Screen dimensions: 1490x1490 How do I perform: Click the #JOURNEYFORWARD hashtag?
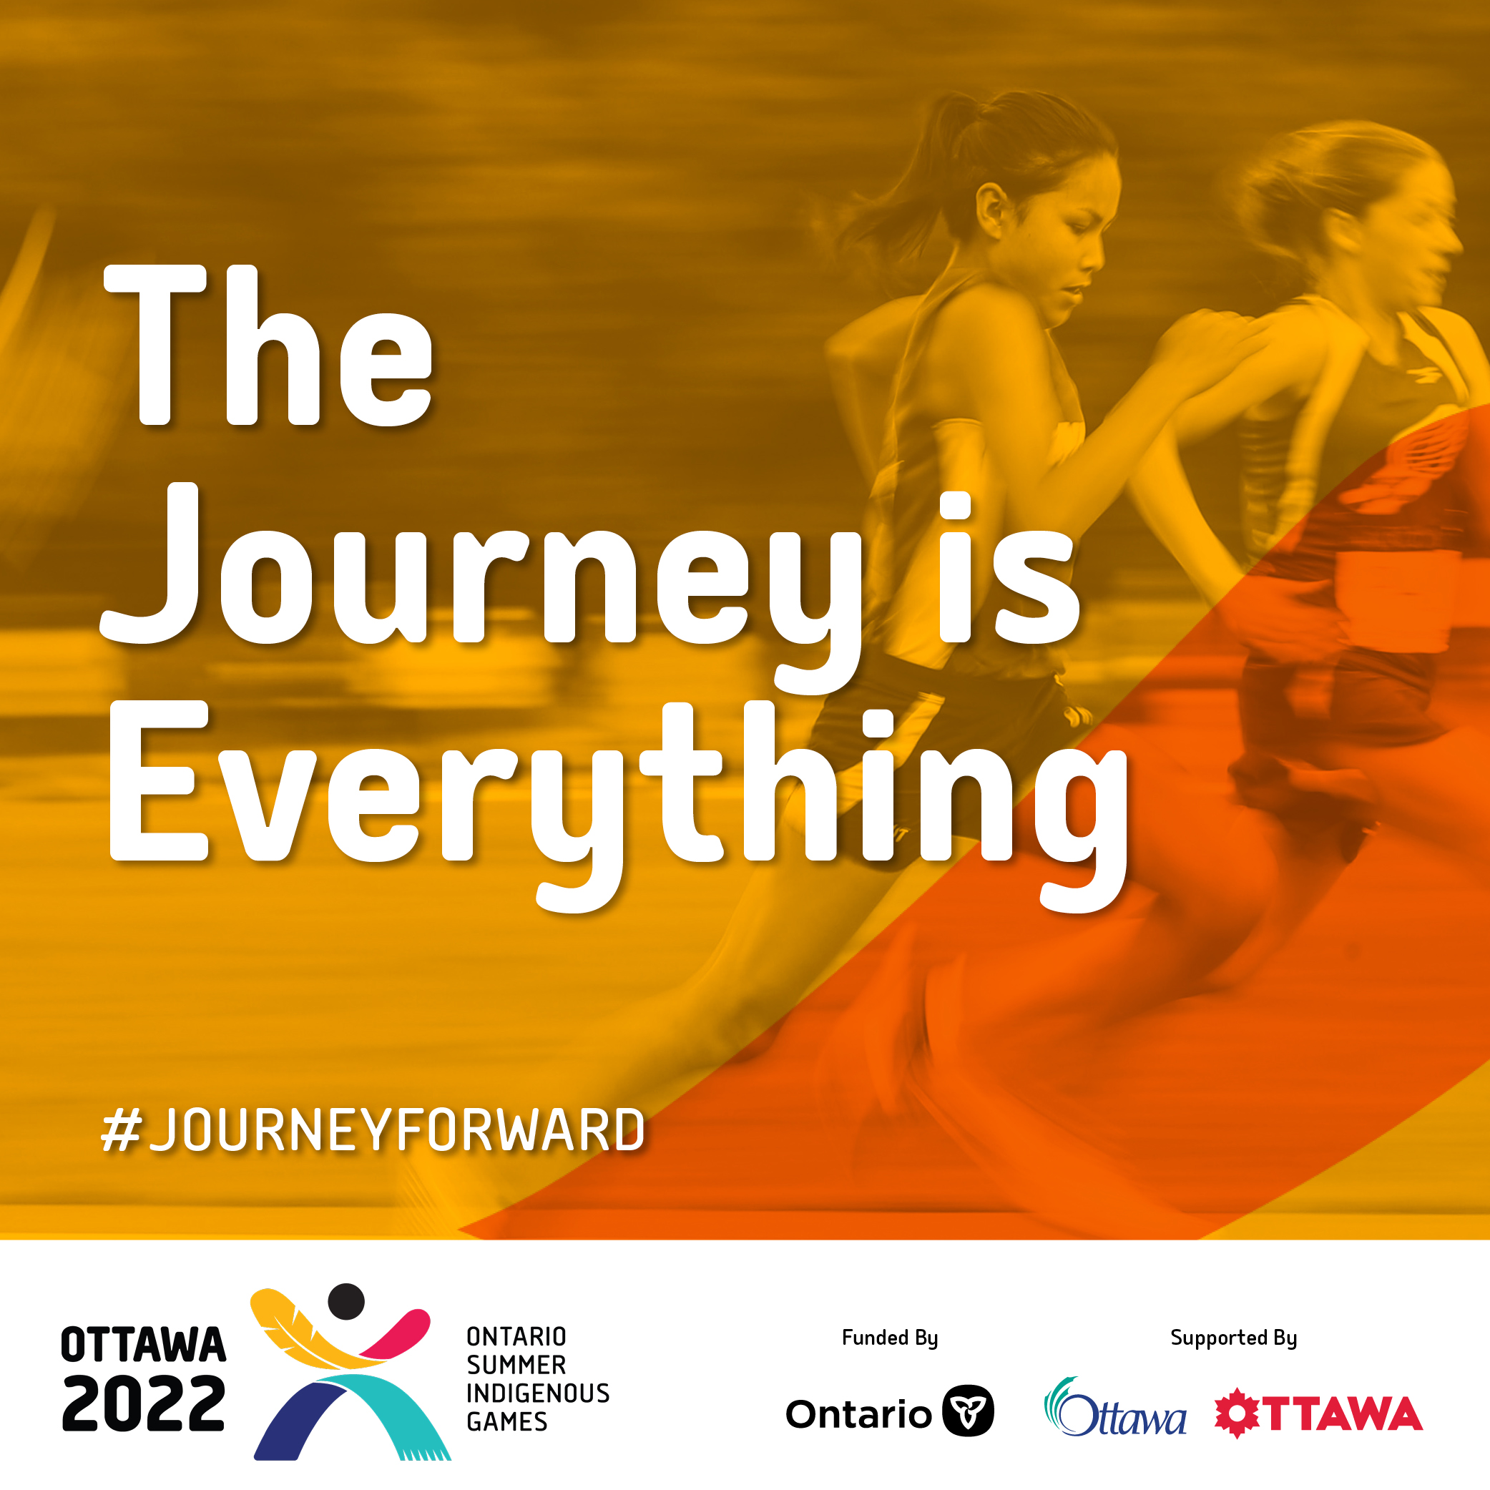[x=373, y=1130]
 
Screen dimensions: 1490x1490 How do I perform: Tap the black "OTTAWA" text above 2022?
[x=144, y=1345]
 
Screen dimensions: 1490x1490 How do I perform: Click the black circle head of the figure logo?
[x=346, y=1302]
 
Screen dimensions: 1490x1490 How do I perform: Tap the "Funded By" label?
[x=890, y=1338]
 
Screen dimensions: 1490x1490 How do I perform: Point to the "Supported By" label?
[x=1234, y=1338]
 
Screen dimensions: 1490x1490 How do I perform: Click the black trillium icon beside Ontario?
[x=969, y=1411]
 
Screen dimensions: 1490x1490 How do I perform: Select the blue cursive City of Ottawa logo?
[x=1115, y=1408]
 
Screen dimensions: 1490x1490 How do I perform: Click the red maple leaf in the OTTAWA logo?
[x=1237, y=1413]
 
